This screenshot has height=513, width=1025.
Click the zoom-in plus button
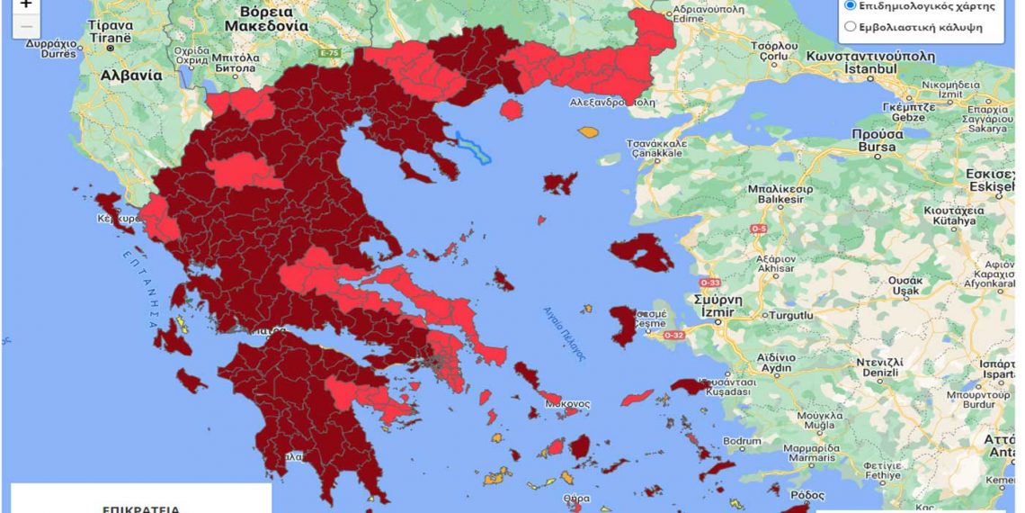click(25, 4)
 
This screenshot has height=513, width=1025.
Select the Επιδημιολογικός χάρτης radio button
click(850, 5)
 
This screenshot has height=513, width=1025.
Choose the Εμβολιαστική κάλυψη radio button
click(850, 27)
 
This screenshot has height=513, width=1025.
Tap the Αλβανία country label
click(131, 76)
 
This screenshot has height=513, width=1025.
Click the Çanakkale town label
click(656, 148)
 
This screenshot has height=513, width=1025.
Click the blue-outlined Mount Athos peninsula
click(474, 148)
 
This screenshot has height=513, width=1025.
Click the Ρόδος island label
click(807, 495)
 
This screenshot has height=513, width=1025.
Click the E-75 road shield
click(329, 55)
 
